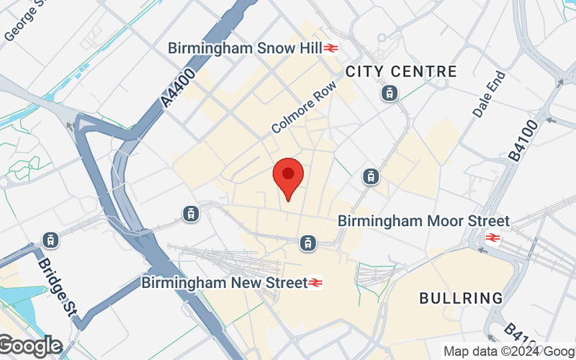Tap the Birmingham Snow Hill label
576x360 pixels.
pyautogui.click(x=244, y=48)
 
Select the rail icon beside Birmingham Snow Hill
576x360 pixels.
pyautogui.click(x=331, y=48)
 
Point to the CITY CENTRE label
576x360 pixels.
pyautogui.click(x=401, y=71)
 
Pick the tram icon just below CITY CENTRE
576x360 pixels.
pyautogui.click(x=390, y=93)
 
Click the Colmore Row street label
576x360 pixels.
pyautogui.click(x=304, y=112)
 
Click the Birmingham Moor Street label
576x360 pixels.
pyautogui.click(x=423, y=221)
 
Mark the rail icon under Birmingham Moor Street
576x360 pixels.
pyautogui.click(x=493, y=237)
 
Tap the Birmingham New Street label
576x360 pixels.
pyautogui.click(x=224, y=282)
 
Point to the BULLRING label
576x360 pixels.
pyautogui.click(x=461, y=297)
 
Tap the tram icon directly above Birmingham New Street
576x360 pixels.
pyautogui.click(x=308, y=243)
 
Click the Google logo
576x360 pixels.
pyautogui.click(x=30, y=346)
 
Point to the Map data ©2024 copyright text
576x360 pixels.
pyautogui.click(x=508, y=351)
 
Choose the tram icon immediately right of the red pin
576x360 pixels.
pyautogui.click(x=371, y=176)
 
